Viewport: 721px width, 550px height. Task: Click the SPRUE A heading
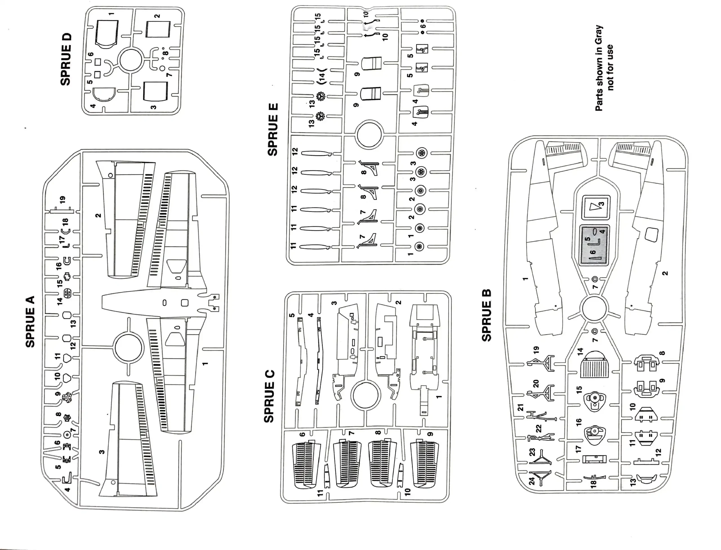pyautogui.click(x=30, y=322)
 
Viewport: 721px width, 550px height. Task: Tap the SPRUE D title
pyautogui.click(x=66, y=59)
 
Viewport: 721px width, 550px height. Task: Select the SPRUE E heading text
pyautogui.click(x=273, y=130)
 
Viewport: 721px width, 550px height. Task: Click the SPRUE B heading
pyautogui.click(x=487, y=315)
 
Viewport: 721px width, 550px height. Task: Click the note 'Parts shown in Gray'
pyautogui.click(x=599, y=68)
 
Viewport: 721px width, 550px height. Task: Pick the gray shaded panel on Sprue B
pyautogui.click(x=594, y=245)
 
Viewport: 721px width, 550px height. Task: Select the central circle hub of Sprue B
pyautogui.click(x=594, y=308)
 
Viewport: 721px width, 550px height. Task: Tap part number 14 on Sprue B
pyautogui.click(x=580, y=352)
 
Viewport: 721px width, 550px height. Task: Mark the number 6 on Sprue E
pyautogui.click(x=422, y=26)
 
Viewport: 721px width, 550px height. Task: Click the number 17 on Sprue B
pyautogui.click(x=578, y=449)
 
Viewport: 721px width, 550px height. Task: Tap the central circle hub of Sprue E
pyautogui.click(x=369, y=135)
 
